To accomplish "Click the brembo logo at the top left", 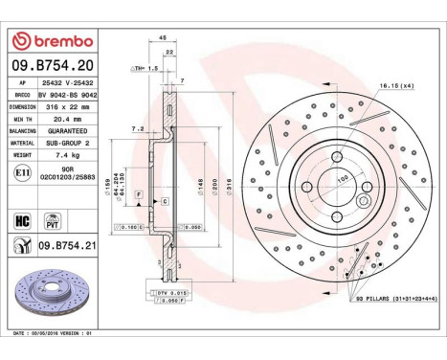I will [54, 40].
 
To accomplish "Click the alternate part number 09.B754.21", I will [71, 246].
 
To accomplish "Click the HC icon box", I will [21, 220].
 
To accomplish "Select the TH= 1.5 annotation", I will [145, 69].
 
